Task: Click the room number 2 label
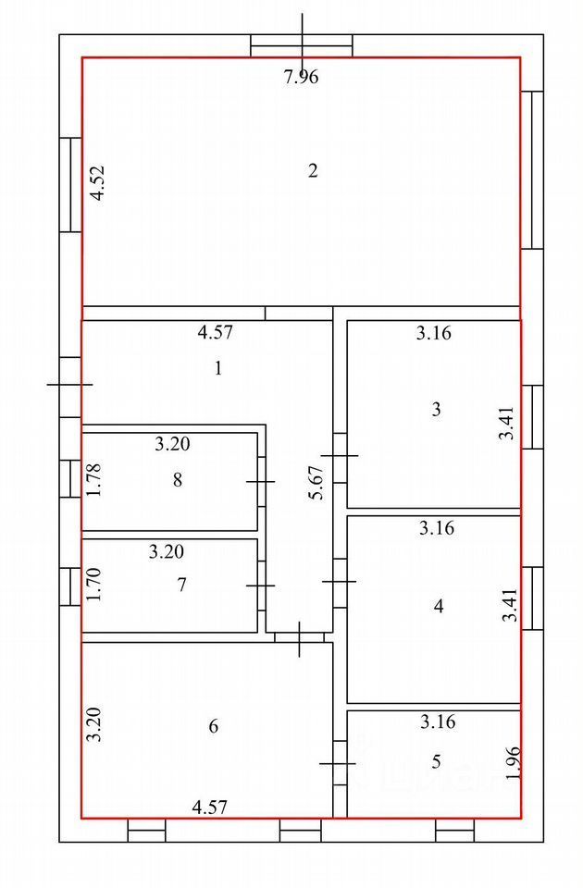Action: (313, 170)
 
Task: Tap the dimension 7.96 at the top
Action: (301, 78)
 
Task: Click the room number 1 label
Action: (218, 368)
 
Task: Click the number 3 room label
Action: (437, 409)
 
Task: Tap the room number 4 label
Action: (439, 607)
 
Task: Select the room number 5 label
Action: (437, 762)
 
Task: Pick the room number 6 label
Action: (214, 726)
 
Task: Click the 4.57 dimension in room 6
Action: (209, 808)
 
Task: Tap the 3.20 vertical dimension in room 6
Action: (93, 725)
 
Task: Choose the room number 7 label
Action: (182, 585)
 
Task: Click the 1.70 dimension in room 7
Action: (93, 585)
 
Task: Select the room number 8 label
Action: (177, 479)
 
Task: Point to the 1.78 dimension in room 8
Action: (93, 479)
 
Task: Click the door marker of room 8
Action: (261, 482)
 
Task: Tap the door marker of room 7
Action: (261, 586)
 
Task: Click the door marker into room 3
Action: (340, 455)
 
